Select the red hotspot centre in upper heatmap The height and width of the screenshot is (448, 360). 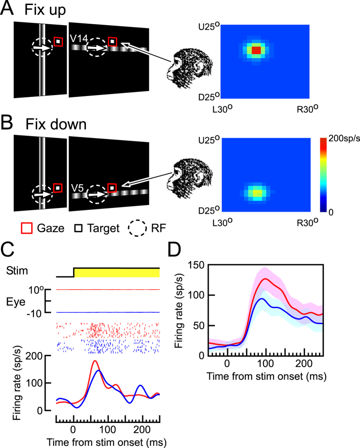pyautogui.click(x=256, y=49)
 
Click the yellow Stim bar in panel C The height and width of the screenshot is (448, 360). pyautogui.click(x=117, y=272)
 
